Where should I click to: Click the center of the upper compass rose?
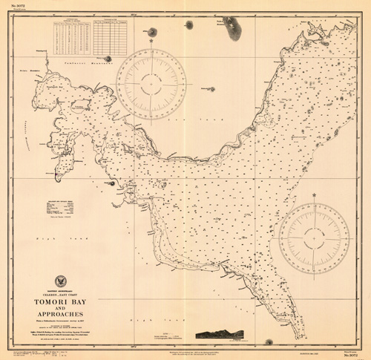click(151, 84)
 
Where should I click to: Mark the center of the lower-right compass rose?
click(314, 238)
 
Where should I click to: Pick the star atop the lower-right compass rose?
click(314, 196)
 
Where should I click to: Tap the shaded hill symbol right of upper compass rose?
click(211, 90)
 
